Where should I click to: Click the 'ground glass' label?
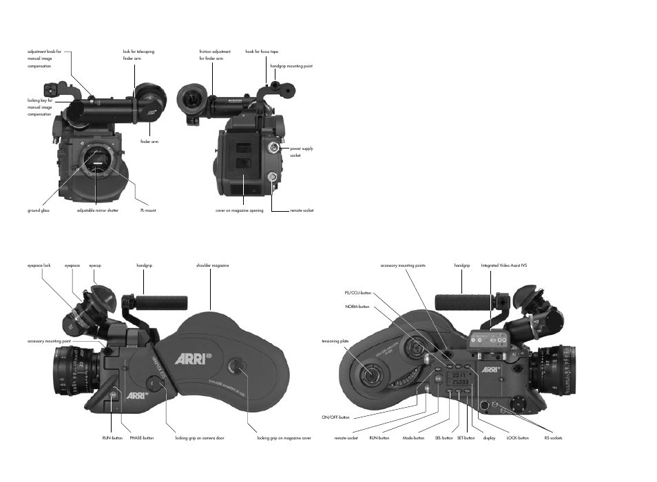coord(38,210)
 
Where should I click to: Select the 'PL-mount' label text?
coord(147,210)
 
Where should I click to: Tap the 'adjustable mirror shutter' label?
coord(98,210)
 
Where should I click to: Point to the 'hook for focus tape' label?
coord(262,52)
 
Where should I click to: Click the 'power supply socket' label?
coord(301,151)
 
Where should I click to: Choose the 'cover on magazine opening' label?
coord(240,210)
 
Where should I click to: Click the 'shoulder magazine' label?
coord(212,265)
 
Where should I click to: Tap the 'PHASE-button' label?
coord(141,437)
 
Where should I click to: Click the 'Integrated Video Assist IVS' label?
coord(503,265)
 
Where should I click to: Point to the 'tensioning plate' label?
coord(335,341)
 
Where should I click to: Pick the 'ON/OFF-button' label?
coord(335,417)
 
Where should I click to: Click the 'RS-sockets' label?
coord(553,437)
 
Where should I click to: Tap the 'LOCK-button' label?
coord(517,437)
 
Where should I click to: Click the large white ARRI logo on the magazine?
coord(188,358)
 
